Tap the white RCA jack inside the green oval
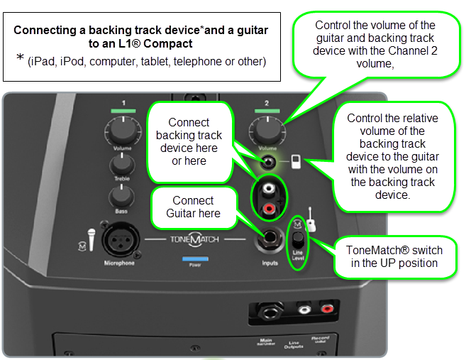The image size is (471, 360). point(269,190)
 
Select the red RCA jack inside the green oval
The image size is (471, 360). point(269,209)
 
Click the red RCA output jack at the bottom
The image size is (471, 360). point(327,310)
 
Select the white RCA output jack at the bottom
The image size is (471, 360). point(304,310)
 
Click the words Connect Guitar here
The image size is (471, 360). point(193,207)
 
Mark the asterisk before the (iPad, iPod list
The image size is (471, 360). point(20,58)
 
